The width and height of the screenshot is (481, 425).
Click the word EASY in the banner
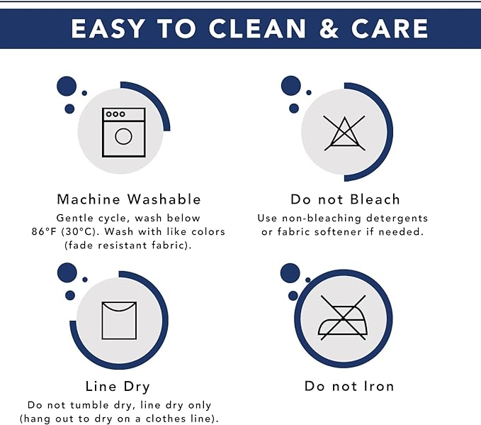click(x=108, y=28)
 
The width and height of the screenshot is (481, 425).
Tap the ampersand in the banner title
click(x=329, y=28)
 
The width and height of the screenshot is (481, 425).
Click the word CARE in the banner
click(x=390, y=28)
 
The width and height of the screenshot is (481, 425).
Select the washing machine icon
click(x=124, y=133)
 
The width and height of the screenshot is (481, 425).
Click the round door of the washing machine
click(x=124, y=136)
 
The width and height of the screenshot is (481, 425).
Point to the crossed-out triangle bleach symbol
click(x=344, y=133)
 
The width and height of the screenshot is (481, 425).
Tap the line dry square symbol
click(x=119, y=320)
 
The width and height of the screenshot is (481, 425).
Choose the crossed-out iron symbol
click(x=343, y=318)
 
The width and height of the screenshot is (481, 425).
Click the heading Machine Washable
click(x=129, y=199)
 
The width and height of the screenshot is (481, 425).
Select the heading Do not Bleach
click(x=346, y=199)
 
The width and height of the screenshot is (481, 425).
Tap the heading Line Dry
click(x=118, y=387)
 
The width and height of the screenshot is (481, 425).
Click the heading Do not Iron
click(x=349, y=386)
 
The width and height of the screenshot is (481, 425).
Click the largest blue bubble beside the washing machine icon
click(x=67, y=86)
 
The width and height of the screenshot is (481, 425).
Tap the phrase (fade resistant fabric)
click(x=128, y=245)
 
